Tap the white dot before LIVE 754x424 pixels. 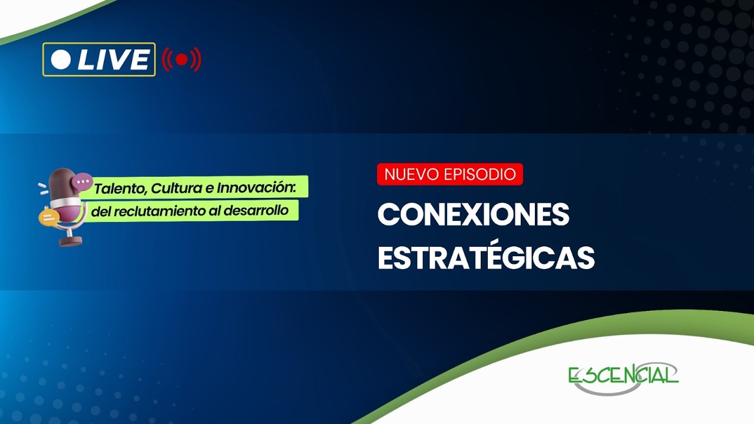61,59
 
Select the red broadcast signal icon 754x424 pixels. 181,59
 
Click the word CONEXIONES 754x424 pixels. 473,215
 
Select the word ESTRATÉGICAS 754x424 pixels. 486,257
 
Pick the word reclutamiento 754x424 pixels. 156,211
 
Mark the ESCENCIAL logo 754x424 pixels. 623,375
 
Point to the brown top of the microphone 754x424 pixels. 62,179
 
